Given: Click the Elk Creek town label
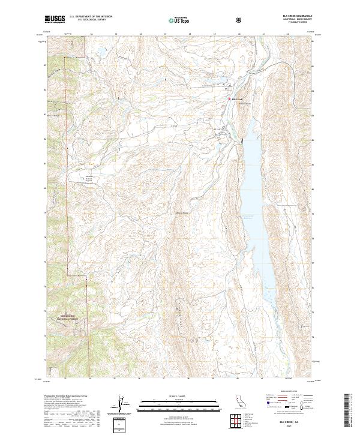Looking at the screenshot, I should [236, 99].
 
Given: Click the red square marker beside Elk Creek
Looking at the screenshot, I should [228, 99].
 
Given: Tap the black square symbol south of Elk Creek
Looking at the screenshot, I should [224, 128].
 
